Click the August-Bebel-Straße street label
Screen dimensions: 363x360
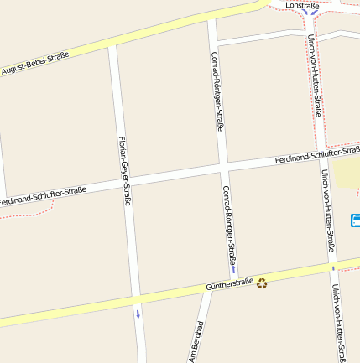click(34, 63)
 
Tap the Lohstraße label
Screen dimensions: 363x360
click(304, 5)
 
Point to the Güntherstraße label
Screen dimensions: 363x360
click(229, 286)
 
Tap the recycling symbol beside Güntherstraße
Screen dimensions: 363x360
click(262, 283)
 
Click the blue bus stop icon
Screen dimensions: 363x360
click(355, 220)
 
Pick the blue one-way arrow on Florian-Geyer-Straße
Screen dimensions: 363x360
click(138, 314)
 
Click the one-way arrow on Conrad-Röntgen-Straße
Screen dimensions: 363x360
click(233, 269)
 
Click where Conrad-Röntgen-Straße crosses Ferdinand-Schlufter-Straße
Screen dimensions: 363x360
click(223, 167)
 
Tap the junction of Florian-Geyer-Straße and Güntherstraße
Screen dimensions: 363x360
click(135, 300)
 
